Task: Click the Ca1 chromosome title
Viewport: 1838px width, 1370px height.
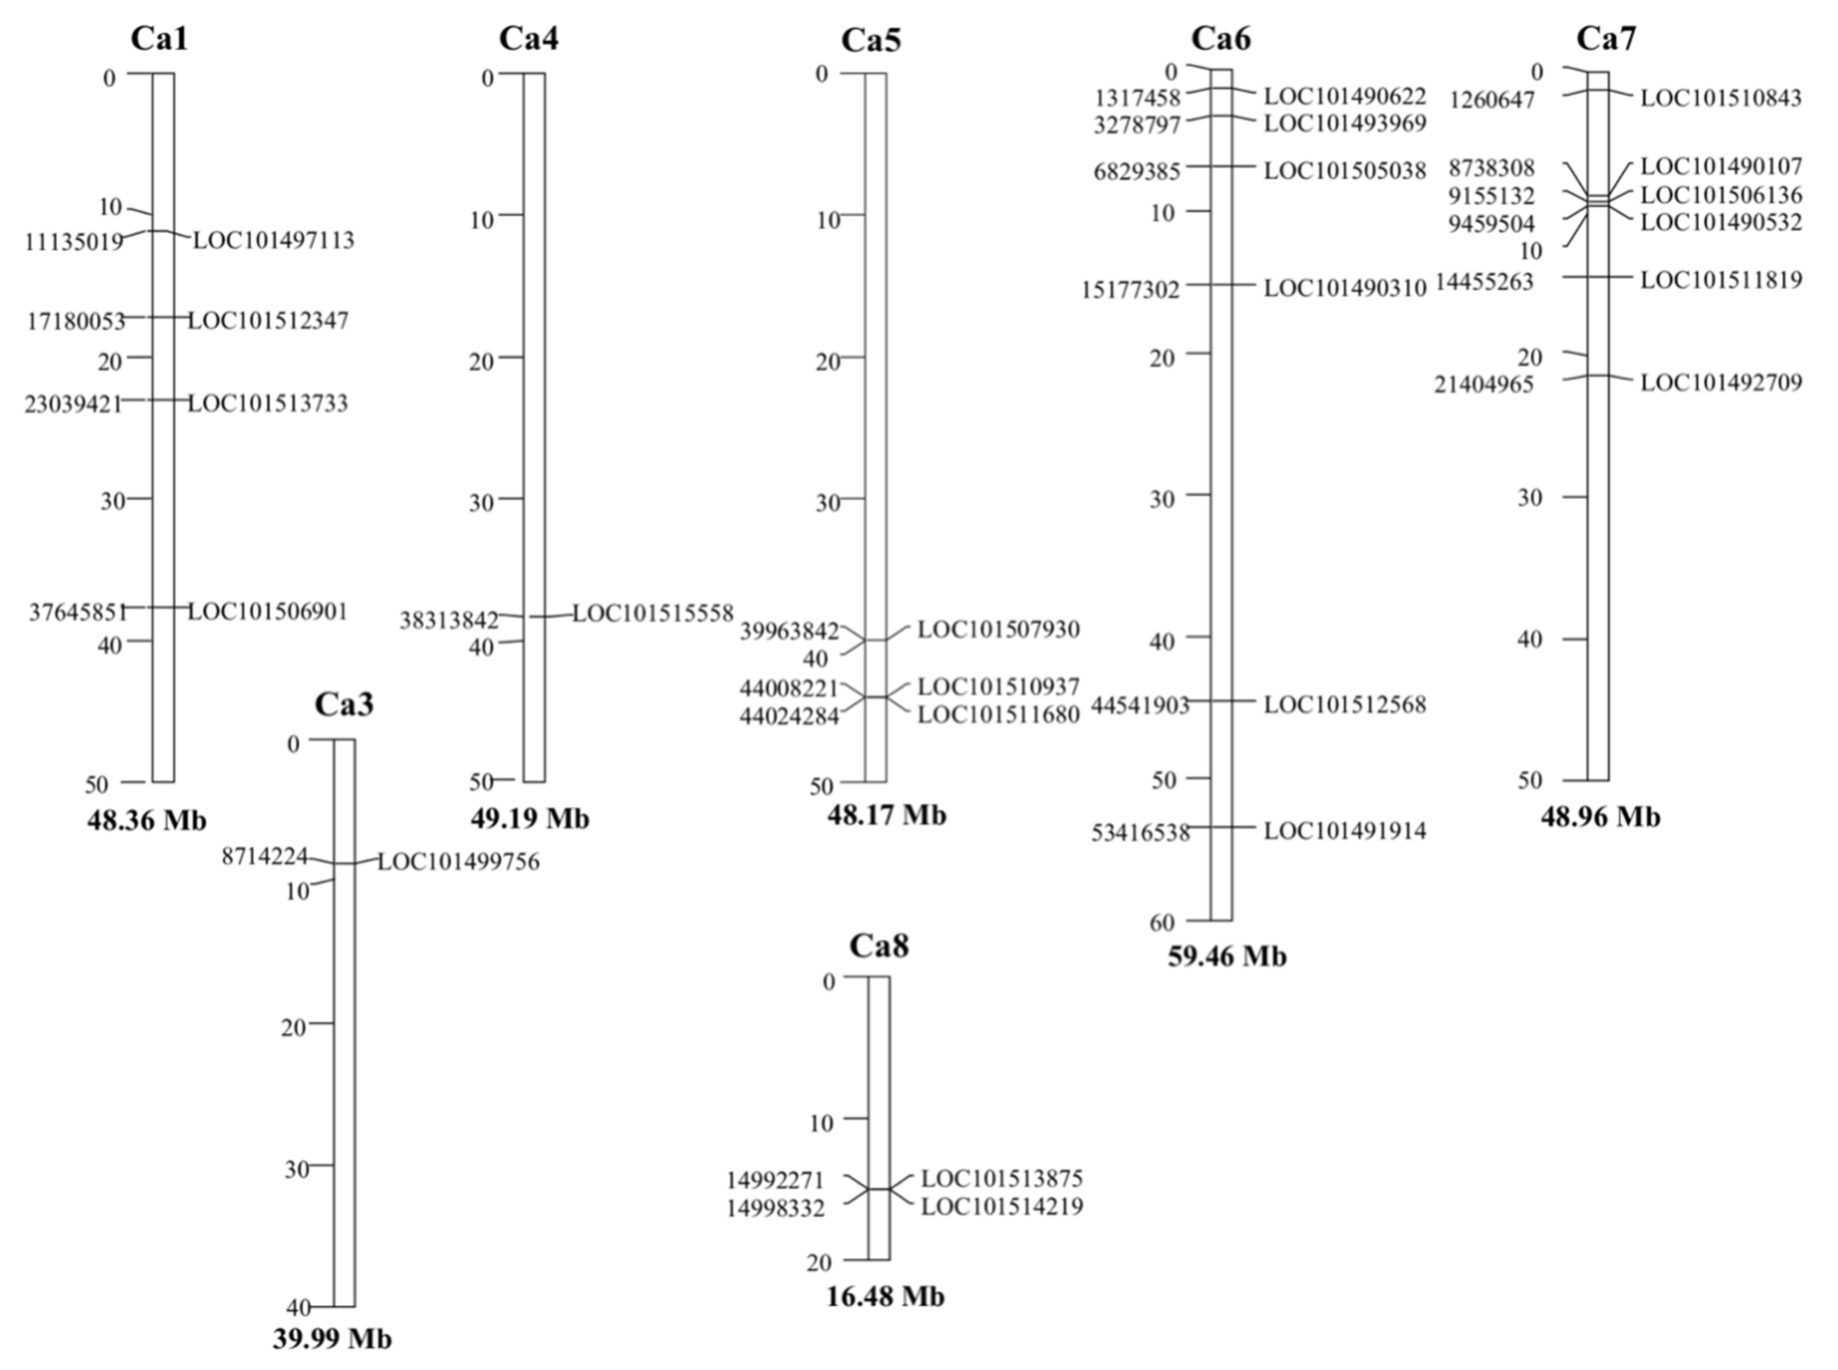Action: (x=159, y=39)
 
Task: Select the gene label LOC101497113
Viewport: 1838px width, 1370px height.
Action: (x=273, y=241)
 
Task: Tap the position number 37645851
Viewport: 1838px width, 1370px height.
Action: (x=78, y=612)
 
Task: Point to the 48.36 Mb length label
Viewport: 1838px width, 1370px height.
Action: (x=147, y=820)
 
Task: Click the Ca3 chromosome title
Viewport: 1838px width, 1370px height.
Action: (x=344, y=704)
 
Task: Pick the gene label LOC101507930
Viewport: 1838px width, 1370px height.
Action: (x=998, y=630)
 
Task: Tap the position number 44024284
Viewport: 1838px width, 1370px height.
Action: (x=789, y=715)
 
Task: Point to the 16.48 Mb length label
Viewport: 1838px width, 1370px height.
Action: (x=885, y=1296)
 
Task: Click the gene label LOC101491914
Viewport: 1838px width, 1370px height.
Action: (x=1344, y=831)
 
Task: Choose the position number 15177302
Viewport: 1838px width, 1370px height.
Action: (x=1130, y=289)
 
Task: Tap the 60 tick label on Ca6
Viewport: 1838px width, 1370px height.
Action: (x=1162, y=922)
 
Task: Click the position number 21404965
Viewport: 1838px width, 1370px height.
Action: (x=1484, y=384)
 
